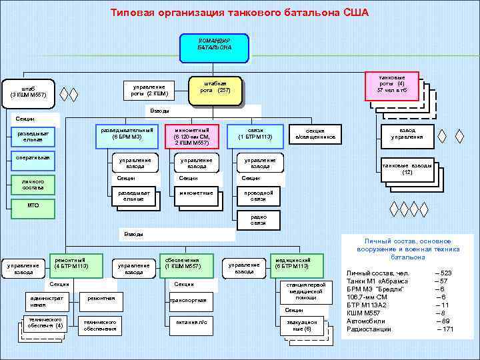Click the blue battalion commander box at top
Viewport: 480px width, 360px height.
[215, 45]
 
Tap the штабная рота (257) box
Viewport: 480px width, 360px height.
[215, 87]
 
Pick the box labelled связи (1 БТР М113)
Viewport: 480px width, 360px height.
[255, 133]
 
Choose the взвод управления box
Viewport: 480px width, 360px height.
[406, 133]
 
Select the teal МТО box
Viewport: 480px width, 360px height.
[32, 207]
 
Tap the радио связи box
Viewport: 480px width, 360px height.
[258, 219]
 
